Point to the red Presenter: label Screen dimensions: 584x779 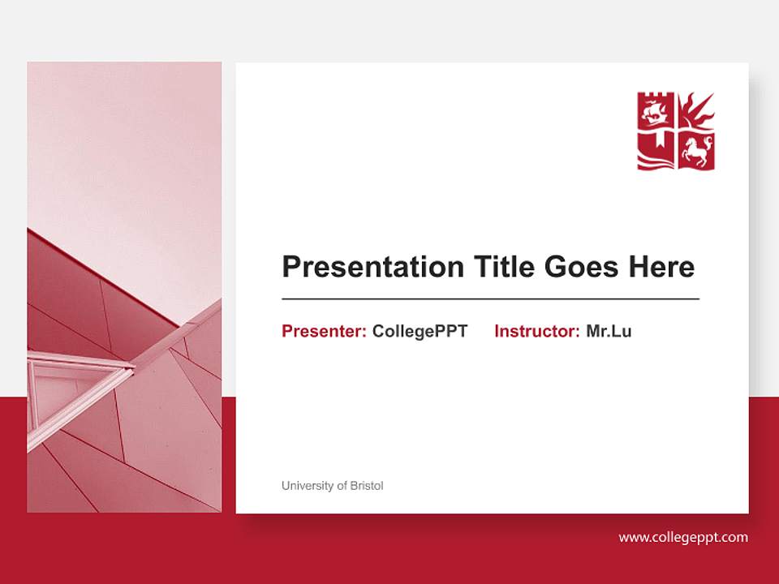click(324, 331)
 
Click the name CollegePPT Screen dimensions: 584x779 click(420, 331)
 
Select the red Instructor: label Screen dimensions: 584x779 click(536, 331)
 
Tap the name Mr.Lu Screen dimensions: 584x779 click(609, 331)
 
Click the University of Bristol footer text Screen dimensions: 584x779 click(332, 486)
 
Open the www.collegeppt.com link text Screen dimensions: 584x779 click(683, 537)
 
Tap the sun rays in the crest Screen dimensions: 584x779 click(698, 110)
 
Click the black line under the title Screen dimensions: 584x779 click(490, 298)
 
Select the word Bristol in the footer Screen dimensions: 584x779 click(367, 486)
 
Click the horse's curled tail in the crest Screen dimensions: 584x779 click(708, 142)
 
